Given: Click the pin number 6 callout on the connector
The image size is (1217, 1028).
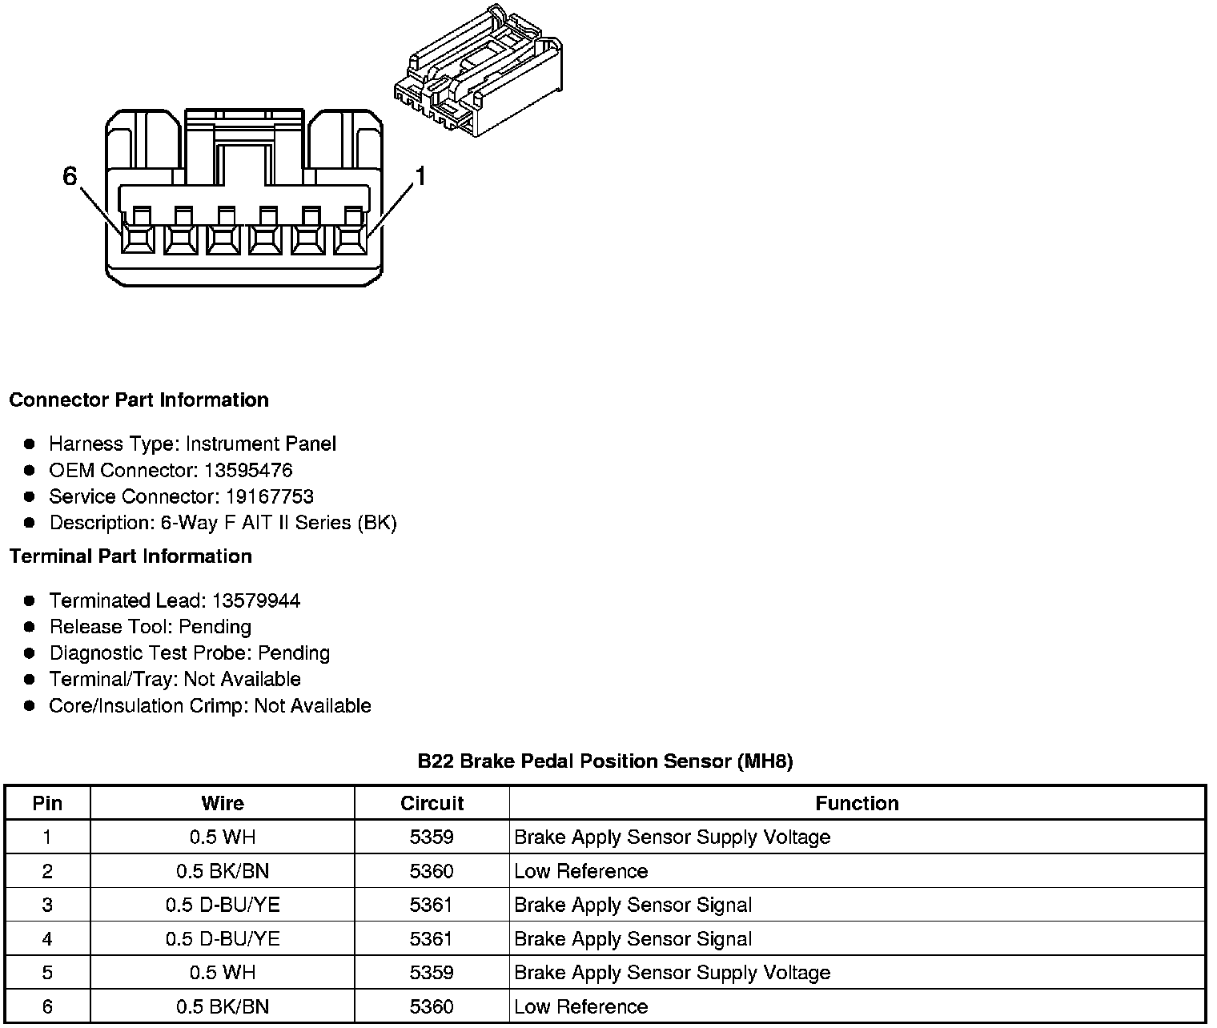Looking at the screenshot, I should click(70, 176).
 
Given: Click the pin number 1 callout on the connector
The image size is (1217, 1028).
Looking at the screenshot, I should click(420, 176).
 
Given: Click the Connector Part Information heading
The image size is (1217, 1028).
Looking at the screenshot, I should click(139, 400).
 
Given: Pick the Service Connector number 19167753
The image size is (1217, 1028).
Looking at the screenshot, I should click(269, 496).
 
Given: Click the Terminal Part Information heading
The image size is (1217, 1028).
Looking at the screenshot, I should click(131, 556).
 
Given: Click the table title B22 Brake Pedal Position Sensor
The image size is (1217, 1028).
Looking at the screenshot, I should click(605, 761).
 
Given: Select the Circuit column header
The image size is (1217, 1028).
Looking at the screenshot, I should click(432, 803).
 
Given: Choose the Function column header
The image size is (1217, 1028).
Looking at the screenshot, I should click(857, 803).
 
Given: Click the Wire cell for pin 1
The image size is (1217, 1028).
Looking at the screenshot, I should click(223, 837).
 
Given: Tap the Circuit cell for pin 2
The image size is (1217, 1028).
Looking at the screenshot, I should click(432, 871).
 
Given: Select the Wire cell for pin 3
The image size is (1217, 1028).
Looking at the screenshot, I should click(223, 905).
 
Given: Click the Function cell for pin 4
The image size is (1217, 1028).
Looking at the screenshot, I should click(633, 939).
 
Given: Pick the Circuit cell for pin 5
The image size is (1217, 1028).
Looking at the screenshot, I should click(432, 973).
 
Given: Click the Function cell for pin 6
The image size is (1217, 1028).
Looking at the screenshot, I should click(580, 1006).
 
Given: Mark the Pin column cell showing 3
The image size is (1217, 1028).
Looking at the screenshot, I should click(47, 905).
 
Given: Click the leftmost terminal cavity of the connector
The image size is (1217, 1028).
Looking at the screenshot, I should click(139, 239).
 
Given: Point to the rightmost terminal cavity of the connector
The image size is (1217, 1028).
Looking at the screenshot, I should click(350, 239).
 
